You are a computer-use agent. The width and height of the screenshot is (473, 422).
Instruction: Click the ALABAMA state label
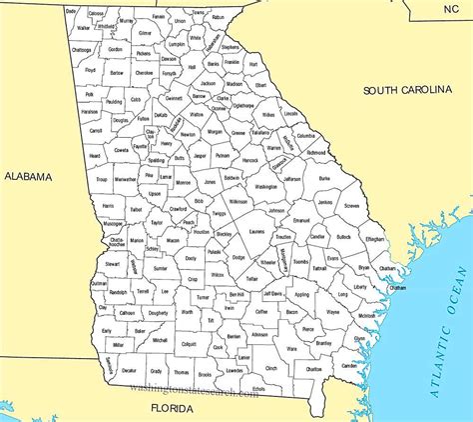28,176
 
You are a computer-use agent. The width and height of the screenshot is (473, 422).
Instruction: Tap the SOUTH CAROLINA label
407,90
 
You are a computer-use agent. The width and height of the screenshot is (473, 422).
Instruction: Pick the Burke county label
323,178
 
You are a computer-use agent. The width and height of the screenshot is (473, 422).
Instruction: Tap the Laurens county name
256,230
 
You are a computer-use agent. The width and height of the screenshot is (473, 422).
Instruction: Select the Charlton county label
314,369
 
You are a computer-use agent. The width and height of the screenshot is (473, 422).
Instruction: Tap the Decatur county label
129,369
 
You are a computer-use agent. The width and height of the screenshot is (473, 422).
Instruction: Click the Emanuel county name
303,220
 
